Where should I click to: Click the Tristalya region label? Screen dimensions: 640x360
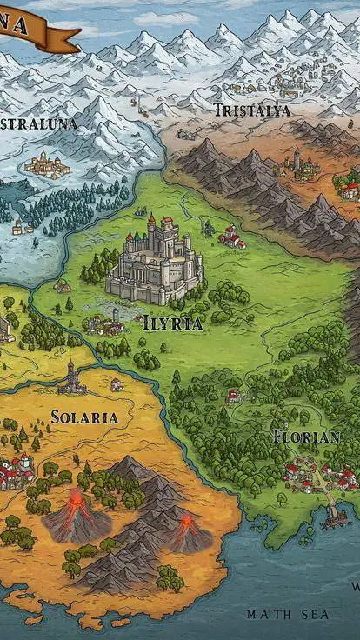click(x=252, y=110)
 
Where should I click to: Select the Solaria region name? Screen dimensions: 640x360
click(x=84, y=417)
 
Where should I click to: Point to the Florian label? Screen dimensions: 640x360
click(x=306, y=436)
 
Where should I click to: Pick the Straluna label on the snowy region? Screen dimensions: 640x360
click(x=38, y=123)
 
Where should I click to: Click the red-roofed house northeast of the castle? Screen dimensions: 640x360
click(x=231, y=236)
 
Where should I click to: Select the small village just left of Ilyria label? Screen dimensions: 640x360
click(x=105, y=325)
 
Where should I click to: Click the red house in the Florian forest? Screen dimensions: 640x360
click(x=233, y=396)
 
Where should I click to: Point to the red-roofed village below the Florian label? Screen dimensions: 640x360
click(x=317, y=475)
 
